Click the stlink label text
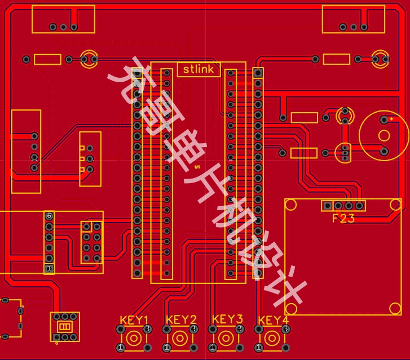198,69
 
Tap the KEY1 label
134,320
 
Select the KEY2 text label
181,320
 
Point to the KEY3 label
227,319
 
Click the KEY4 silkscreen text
274,320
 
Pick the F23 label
343,219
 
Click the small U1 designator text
197,167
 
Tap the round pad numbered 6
49,216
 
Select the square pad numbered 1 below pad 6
49,268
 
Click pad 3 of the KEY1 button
147,328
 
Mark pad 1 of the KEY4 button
259,348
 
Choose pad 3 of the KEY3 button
240,328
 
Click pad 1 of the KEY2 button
166,348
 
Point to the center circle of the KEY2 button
180,339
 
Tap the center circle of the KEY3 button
226,339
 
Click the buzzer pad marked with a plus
384,119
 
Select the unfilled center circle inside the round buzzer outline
384,136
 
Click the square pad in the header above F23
327,206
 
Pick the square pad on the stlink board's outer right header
258,73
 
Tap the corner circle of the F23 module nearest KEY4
291,309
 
